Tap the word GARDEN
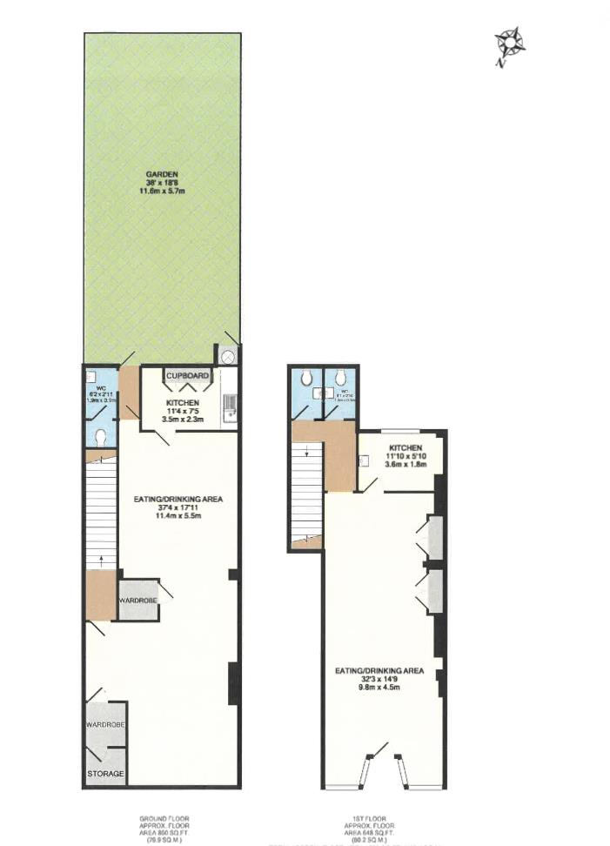pyautogui.click(x=162, y=174)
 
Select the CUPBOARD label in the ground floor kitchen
pyautogui.click(x=187, y=376)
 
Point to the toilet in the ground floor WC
pyautogui.click(x=101, y=436)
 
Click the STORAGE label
pyautogui.click(x=105, y=774)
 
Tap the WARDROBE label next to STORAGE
pyautogui.click(x=105, y=725)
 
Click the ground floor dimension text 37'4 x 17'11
pyautogui.click(x=178, y=507)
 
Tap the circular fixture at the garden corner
pyautogui.click(x=228, y=355)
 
